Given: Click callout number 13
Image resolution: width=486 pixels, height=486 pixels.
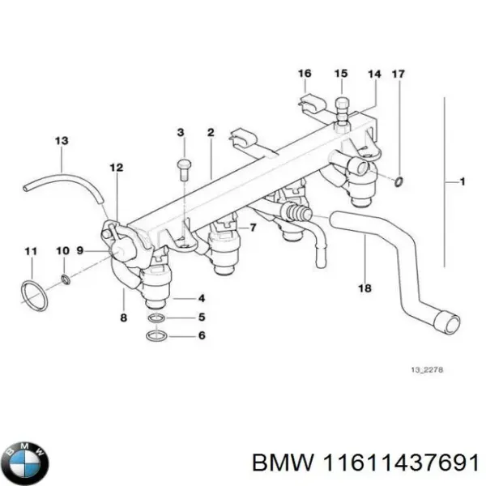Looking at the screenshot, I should pos(62,141).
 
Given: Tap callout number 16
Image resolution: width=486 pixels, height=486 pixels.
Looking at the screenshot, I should pos(305,75).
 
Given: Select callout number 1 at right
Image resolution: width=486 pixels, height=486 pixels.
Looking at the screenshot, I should pos(462,182).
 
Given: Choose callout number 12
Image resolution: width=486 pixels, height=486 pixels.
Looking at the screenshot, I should pos(116,168).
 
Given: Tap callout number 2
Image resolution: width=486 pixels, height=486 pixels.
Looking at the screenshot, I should pos(211,132).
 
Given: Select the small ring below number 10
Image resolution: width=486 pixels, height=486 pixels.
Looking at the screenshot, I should pos(65,280).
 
